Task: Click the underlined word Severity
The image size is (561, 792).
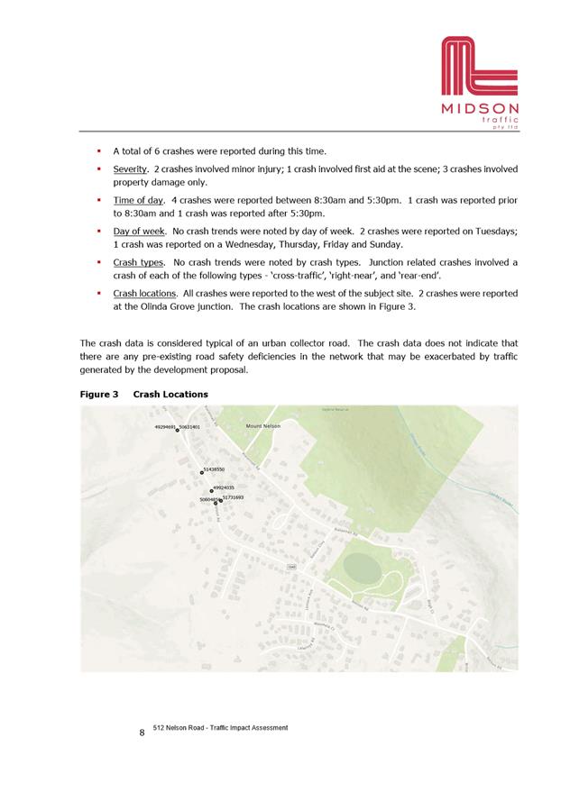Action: click(x=130, y=169)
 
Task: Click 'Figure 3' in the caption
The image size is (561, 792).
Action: click(x=99, y=394)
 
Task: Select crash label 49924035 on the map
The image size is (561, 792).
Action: click(x=224, y=487)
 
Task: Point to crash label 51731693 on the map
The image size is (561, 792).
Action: click(x=233, y=497)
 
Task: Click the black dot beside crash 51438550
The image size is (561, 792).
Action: click(x=202, y=472)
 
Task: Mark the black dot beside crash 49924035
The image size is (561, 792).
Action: click(x=211, y=491)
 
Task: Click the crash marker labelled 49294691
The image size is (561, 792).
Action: click(x=177, y=431)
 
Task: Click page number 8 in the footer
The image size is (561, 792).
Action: click(x=142, y=733)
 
